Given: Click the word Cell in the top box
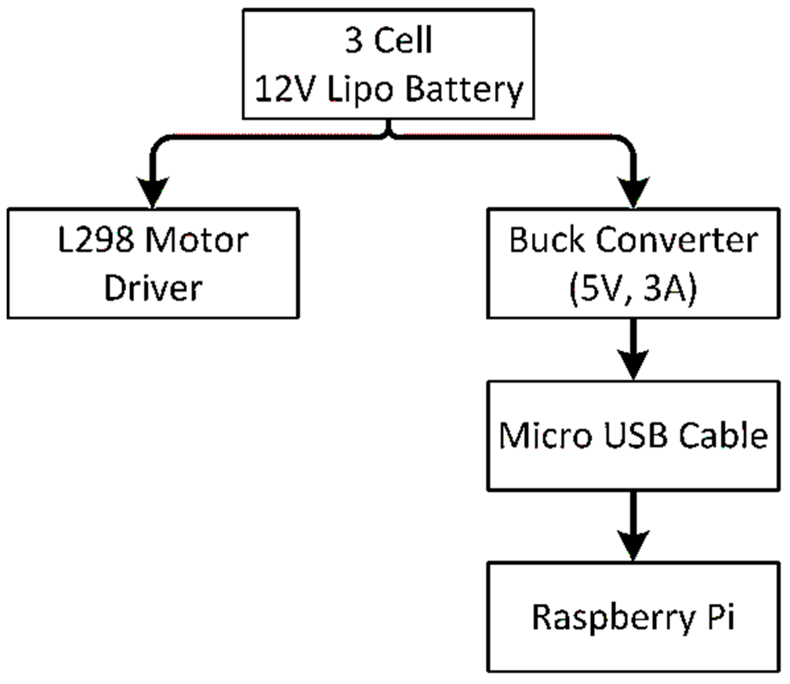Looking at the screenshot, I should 403,40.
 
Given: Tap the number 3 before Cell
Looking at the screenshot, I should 354,40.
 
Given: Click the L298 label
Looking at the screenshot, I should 96,241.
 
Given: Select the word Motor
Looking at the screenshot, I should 197,241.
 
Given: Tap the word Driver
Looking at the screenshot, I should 153,288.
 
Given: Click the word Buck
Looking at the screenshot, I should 547,241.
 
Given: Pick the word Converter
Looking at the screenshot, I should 677,241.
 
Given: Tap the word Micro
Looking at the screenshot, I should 546,436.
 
